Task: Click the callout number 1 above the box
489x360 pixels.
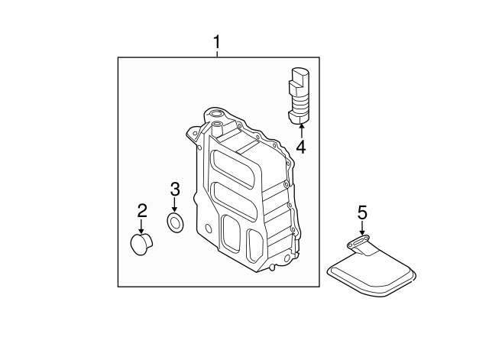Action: point(217,42)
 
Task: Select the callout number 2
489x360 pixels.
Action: point(142,210)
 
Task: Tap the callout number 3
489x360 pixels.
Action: point(175,190)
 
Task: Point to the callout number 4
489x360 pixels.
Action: point(301,147)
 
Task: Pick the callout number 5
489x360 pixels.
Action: point(362,212)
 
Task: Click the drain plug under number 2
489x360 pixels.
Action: point(141,245)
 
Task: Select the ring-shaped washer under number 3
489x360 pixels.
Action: point(175,223)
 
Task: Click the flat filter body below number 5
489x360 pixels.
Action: point(372,274)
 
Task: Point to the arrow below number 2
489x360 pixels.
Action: point(142,226)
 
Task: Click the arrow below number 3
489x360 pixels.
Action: point(175,206)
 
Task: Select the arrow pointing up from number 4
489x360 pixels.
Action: point(301,131)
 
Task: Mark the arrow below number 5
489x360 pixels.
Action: point(361,228)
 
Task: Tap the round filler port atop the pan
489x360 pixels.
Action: point(215,114)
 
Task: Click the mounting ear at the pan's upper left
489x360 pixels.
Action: point(193,132)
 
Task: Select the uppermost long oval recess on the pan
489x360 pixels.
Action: point(232,168)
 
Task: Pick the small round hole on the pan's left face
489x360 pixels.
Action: point(209,229)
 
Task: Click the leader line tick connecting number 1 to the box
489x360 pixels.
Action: point(217,54)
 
